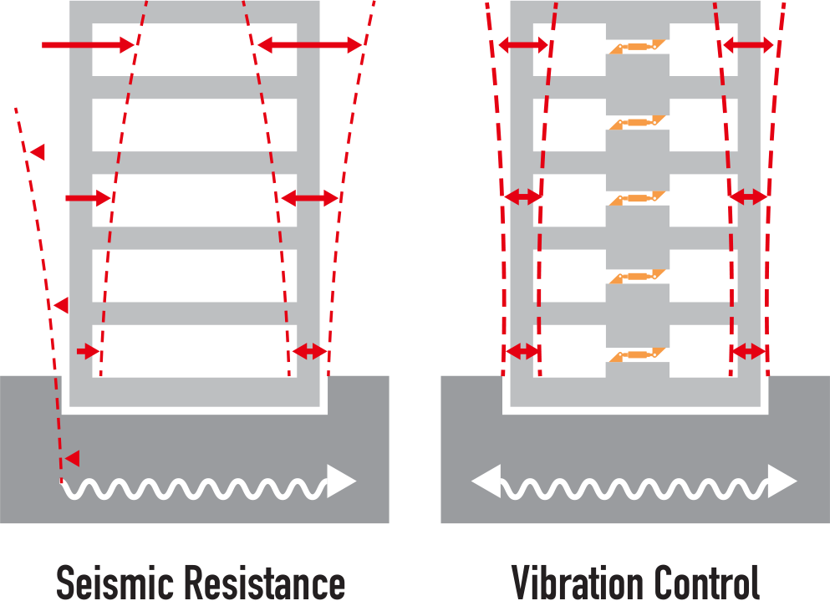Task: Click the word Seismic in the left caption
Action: pyautogui.click(x=115, y=583)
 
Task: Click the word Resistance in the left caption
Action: pyautogui.click(x=265, y=583)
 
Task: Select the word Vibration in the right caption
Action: pyautogui.click(x=578, y=583)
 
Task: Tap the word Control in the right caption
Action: pyautogui.click(x=706, y=583)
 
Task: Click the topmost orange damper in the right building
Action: pyautogui.click(x=637, y=47)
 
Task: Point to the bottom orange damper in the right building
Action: pyautogui.click(x=637, y=355)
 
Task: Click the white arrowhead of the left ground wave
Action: pyautogui.click(x=341, y=481)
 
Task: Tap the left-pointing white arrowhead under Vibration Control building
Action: pyautogui.click(x=486, y=481)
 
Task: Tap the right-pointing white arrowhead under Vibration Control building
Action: pyautogui.click(x=782, y=481)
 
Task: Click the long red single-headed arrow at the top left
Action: pyautogui.click(x=89, y=45)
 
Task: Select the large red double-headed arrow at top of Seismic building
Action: pyautogui.click(x=309, y=45)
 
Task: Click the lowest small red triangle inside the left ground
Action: pyautogui.click(x=73, y=458)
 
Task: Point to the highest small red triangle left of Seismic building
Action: pyautogui.click(x=37, y=152)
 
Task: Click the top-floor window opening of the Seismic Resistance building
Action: pyautogui.click(x=194, y=50)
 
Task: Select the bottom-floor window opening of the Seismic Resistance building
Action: pyautogui.click(x=194, y=351)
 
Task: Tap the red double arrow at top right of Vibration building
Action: pyautogui.click(x=748, y=45)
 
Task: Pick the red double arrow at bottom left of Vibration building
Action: pyautogui.click(x=522, y=351)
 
